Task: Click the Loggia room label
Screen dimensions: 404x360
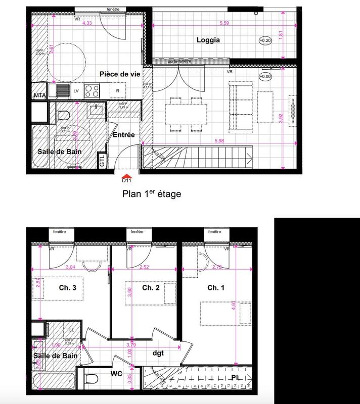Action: pos(208,40)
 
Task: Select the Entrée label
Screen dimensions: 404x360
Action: pos(123,135)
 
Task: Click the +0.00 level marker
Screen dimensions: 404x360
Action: pos(264,77)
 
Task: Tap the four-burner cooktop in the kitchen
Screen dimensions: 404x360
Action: pos(92,91)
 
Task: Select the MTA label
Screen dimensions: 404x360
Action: pos(40,95)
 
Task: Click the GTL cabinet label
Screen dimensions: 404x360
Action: pos(102,161)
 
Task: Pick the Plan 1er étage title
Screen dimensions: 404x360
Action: pos(151,193)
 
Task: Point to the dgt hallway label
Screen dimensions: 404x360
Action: pos(158,353)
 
